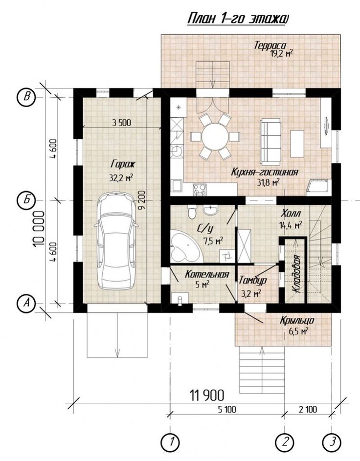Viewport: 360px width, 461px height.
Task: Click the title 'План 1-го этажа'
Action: (x=237, y=19)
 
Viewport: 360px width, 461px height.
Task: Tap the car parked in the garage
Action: (x=116, y=241)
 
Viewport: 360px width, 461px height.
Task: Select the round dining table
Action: (x=216, y=137)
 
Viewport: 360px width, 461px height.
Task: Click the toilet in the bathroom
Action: (x=192, y=212)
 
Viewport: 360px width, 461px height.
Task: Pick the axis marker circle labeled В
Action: (x=27, y=97)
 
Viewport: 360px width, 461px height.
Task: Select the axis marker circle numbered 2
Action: (x=285, y=441)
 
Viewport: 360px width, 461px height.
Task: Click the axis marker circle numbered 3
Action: (x=332, y=441)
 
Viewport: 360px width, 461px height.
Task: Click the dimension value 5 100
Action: (x=227, y=409)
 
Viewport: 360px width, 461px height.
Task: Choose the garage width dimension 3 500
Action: (x=121, y=122)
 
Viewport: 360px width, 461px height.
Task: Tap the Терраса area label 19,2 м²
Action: (x=281, y=53)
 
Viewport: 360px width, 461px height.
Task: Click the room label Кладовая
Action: (x=297, y=274)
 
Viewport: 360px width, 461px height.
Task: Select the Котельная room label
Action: (x=207, y=274)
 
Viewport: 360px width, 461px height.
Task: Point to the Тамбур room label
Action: (x=253, y=280)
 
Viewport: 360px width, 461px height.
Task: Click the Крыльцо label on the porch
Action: (x=297, y=320)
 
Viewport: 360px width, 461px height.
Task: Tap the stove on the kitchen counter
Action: (x=199, y=189)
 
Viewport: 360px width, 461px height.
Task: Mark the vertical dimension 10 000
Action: (x=39, y=228)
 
